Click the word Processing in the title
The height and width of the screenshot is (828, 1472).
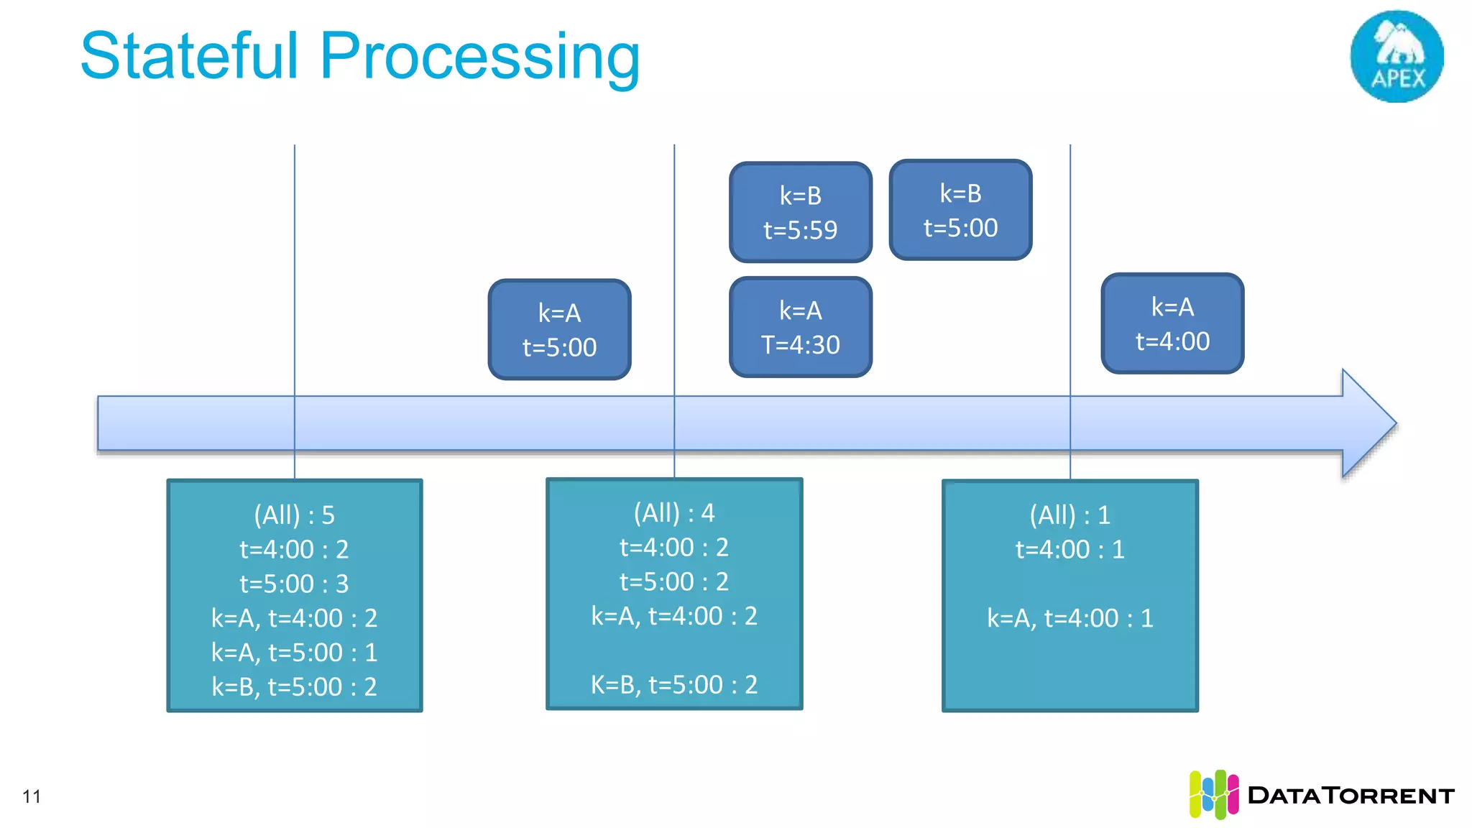tap(479, 57)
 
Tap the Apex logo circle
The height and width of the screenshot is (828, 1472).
tap(1397, 56)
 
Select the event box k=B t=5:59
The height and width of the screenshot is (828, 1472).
tap(800, 212)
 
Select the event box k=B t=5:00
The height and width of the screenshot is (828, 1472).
tap(960, 210)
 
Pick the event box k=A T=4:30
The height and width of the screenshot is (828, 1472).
tap(800, 327)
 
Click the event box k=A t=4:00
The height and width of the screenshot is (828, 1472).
tap(1172, 323)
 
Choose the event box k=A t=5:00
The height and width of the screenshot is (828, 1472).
tap(559, 329)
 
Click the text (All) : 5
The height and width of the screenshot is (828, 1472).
tap(294, 515)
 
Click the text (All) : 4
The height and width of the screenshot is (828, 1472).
tap(673, 513)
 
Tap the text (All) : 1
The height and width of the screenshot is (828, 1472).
tap(1069, 515)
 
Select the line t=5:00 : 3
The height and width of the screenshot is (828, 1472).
tap(294, 584)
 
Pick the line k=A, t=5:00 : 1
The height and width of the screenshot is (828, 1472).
tap(294, 653)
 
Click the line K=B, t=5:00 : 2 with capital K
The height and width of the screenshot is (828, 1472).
tap(673, 685)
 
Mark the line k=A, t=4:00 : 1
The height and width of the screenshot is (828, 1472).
tap(1069, 618)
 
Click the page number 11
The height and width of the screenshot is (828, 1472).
tap(32, 796)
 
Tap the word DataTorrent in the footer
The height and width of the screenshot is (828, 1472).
tap(1351, 796)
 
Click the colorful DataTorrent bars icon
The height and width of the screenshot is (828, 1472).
tap(1213, 794)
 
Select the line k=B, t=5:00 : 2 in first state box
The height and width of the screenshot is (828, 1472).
tap(294, 687)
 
